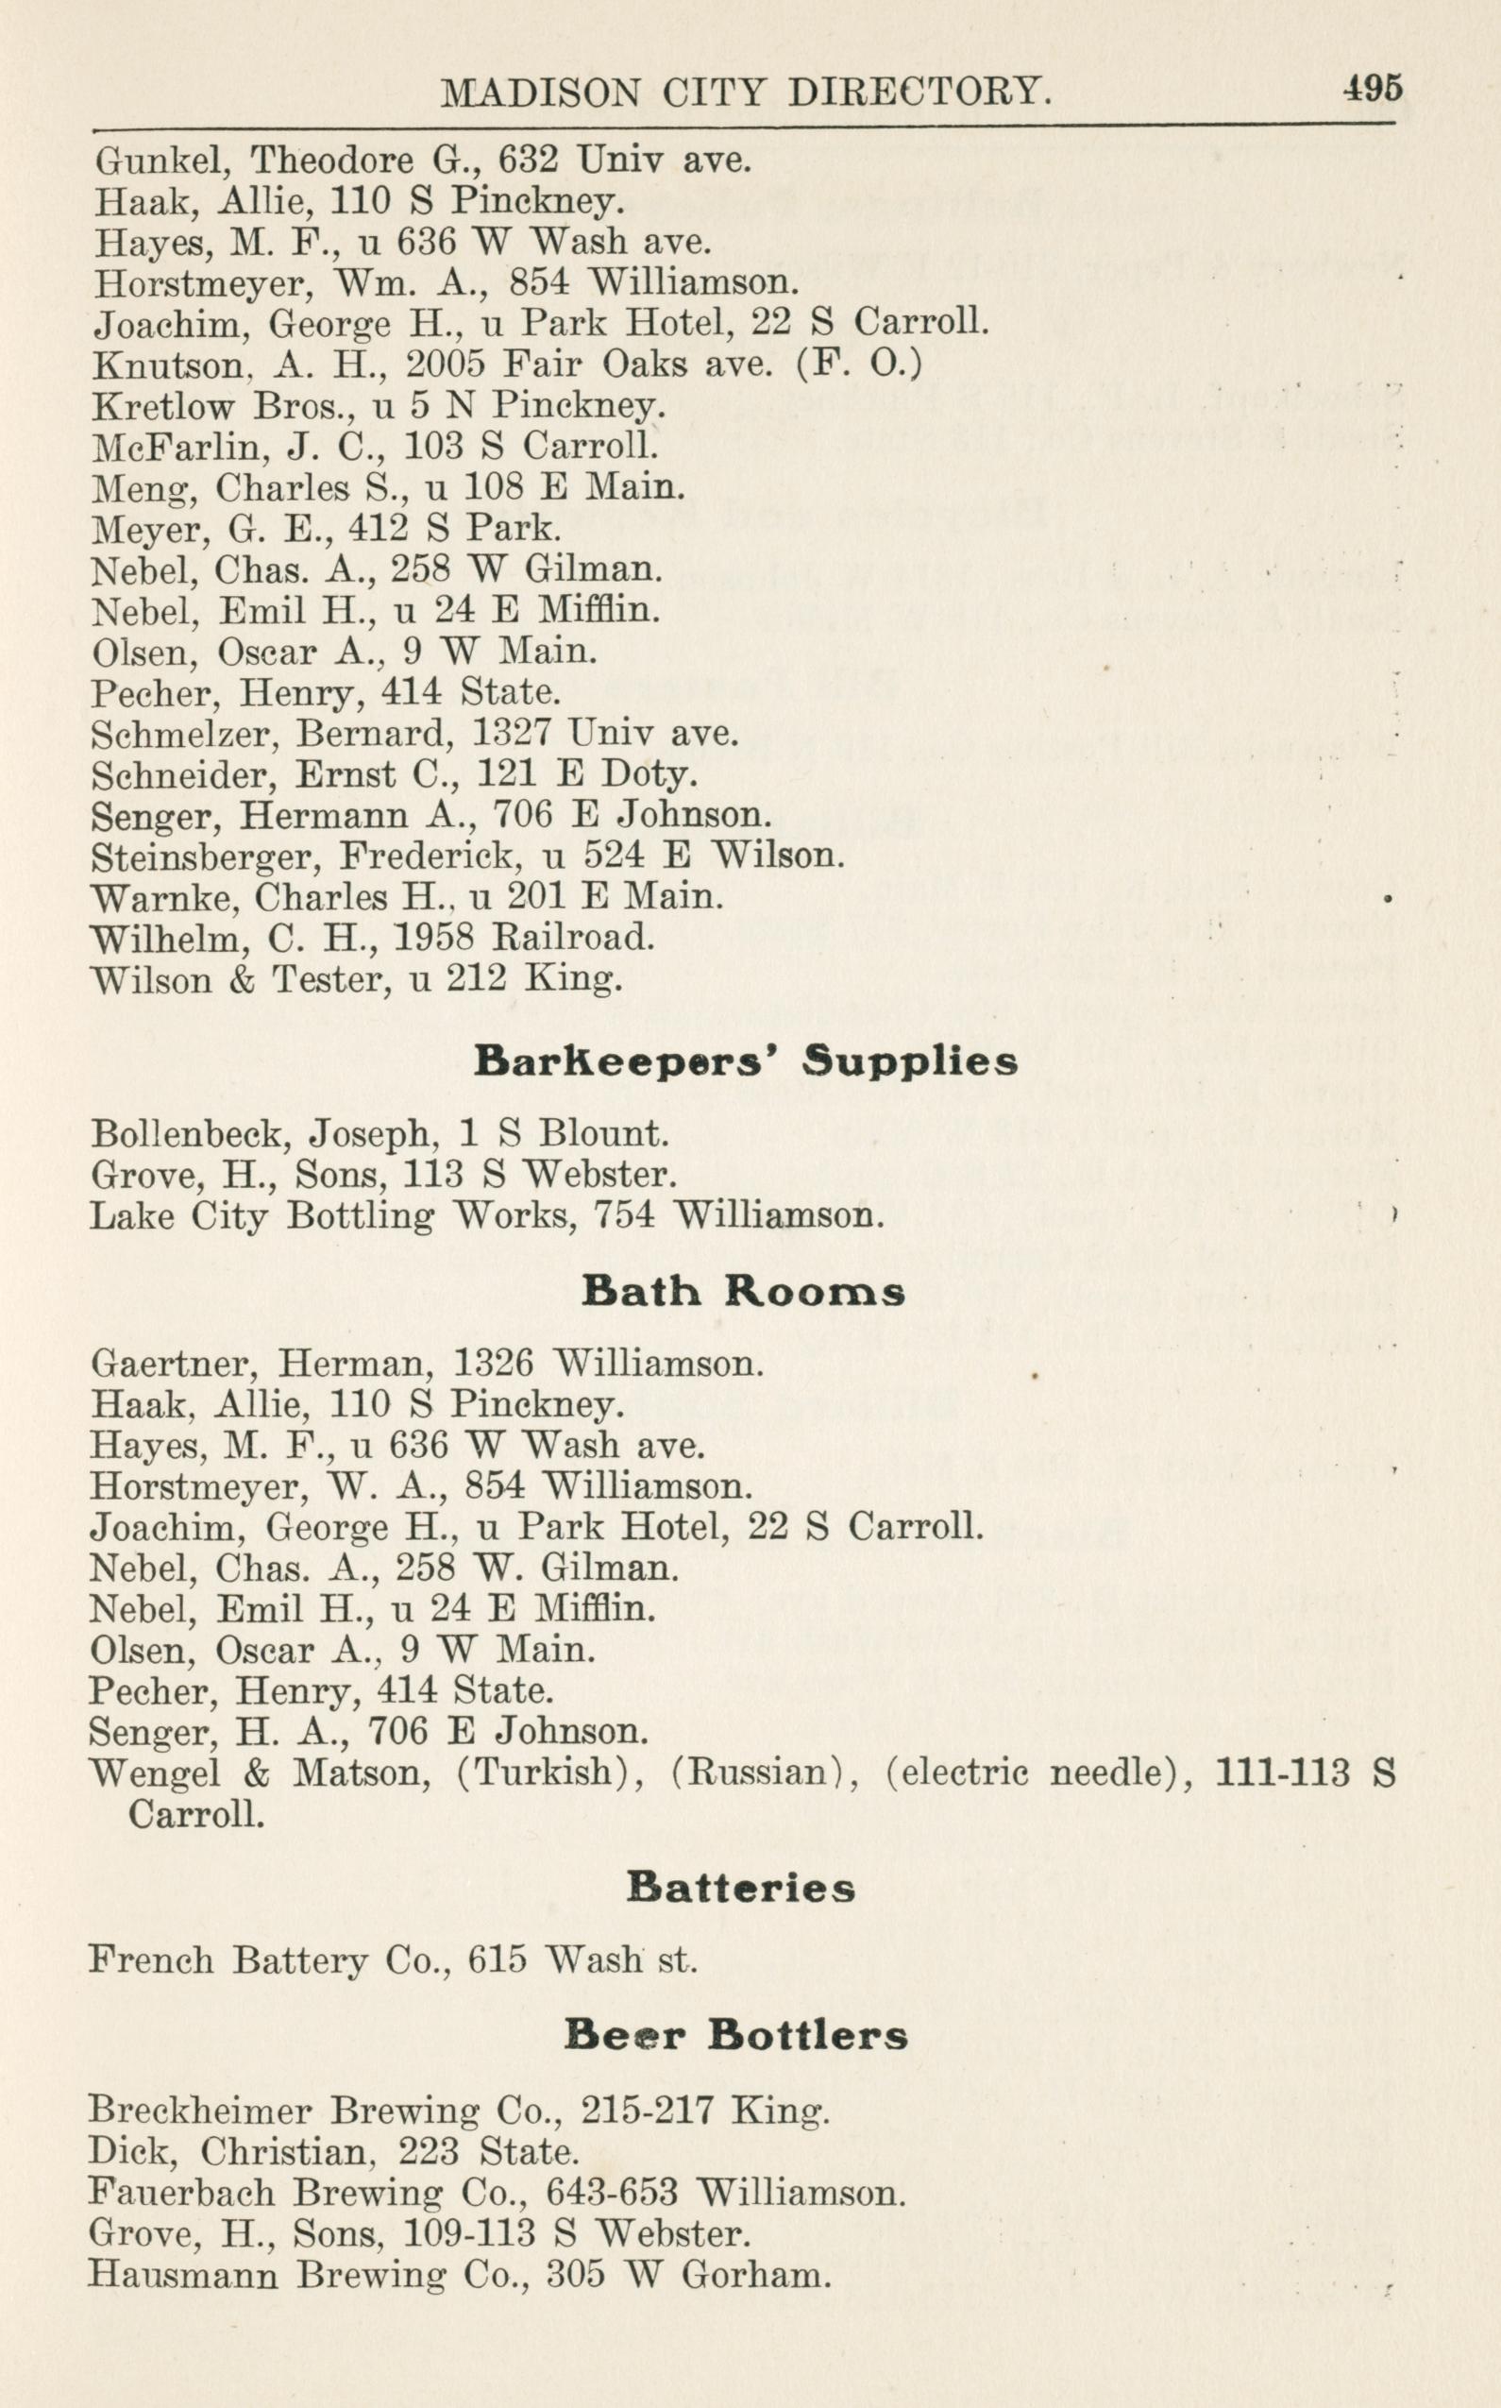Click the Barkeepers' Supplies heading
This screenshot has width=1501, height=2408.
pyautogui.click(x=746, y=1061)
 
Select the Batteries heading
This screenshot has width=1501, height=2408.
pyautogui.click(x=740, y=1887)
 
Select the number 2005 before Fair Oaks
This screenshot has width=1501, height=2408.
pyautogui.click(x=445, y=365)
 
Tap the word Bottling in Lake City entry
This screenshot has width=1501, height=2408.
pyautogui.click(x=360, y=1215)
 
